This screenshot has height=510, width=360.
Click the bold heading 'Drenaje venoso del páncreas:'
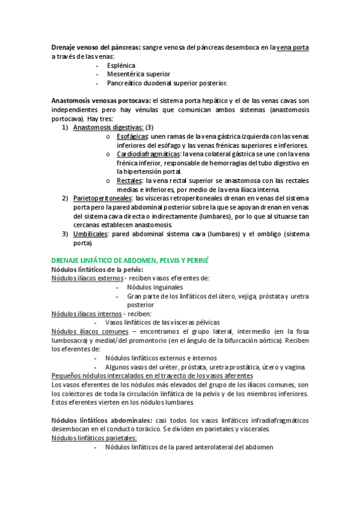pos(97,47)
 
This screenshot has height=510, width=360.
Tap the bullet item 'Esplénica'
pos(121,65)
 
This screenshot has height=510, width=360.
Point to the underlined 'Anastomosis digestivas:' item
pos(108,127)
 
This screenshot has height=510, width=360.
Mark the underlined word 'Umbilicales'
pos(91,234)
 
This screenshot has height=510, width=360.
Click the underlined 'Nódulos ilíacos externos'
pos(87,278)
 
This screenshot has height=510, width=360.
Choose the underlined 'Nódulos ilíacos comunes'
pos(90,331)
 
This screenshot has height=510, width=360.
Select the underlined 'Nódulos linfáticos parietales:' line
pos(94,438)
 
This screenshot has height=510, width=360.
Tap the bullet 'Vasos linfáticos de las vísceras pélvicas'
pos(162,322)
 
